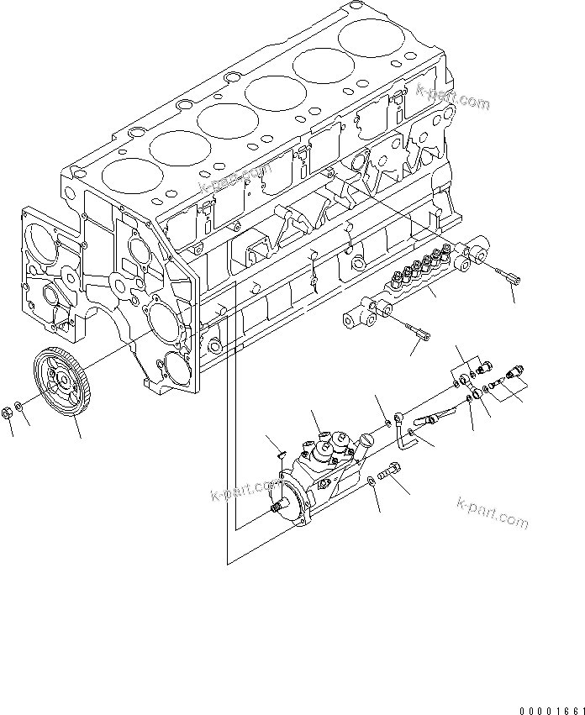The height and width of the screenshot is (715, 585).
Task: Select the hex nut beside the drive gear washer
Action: [7, 412]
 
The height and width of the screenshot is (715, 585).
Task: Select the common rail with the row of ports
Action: [412, 281]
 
